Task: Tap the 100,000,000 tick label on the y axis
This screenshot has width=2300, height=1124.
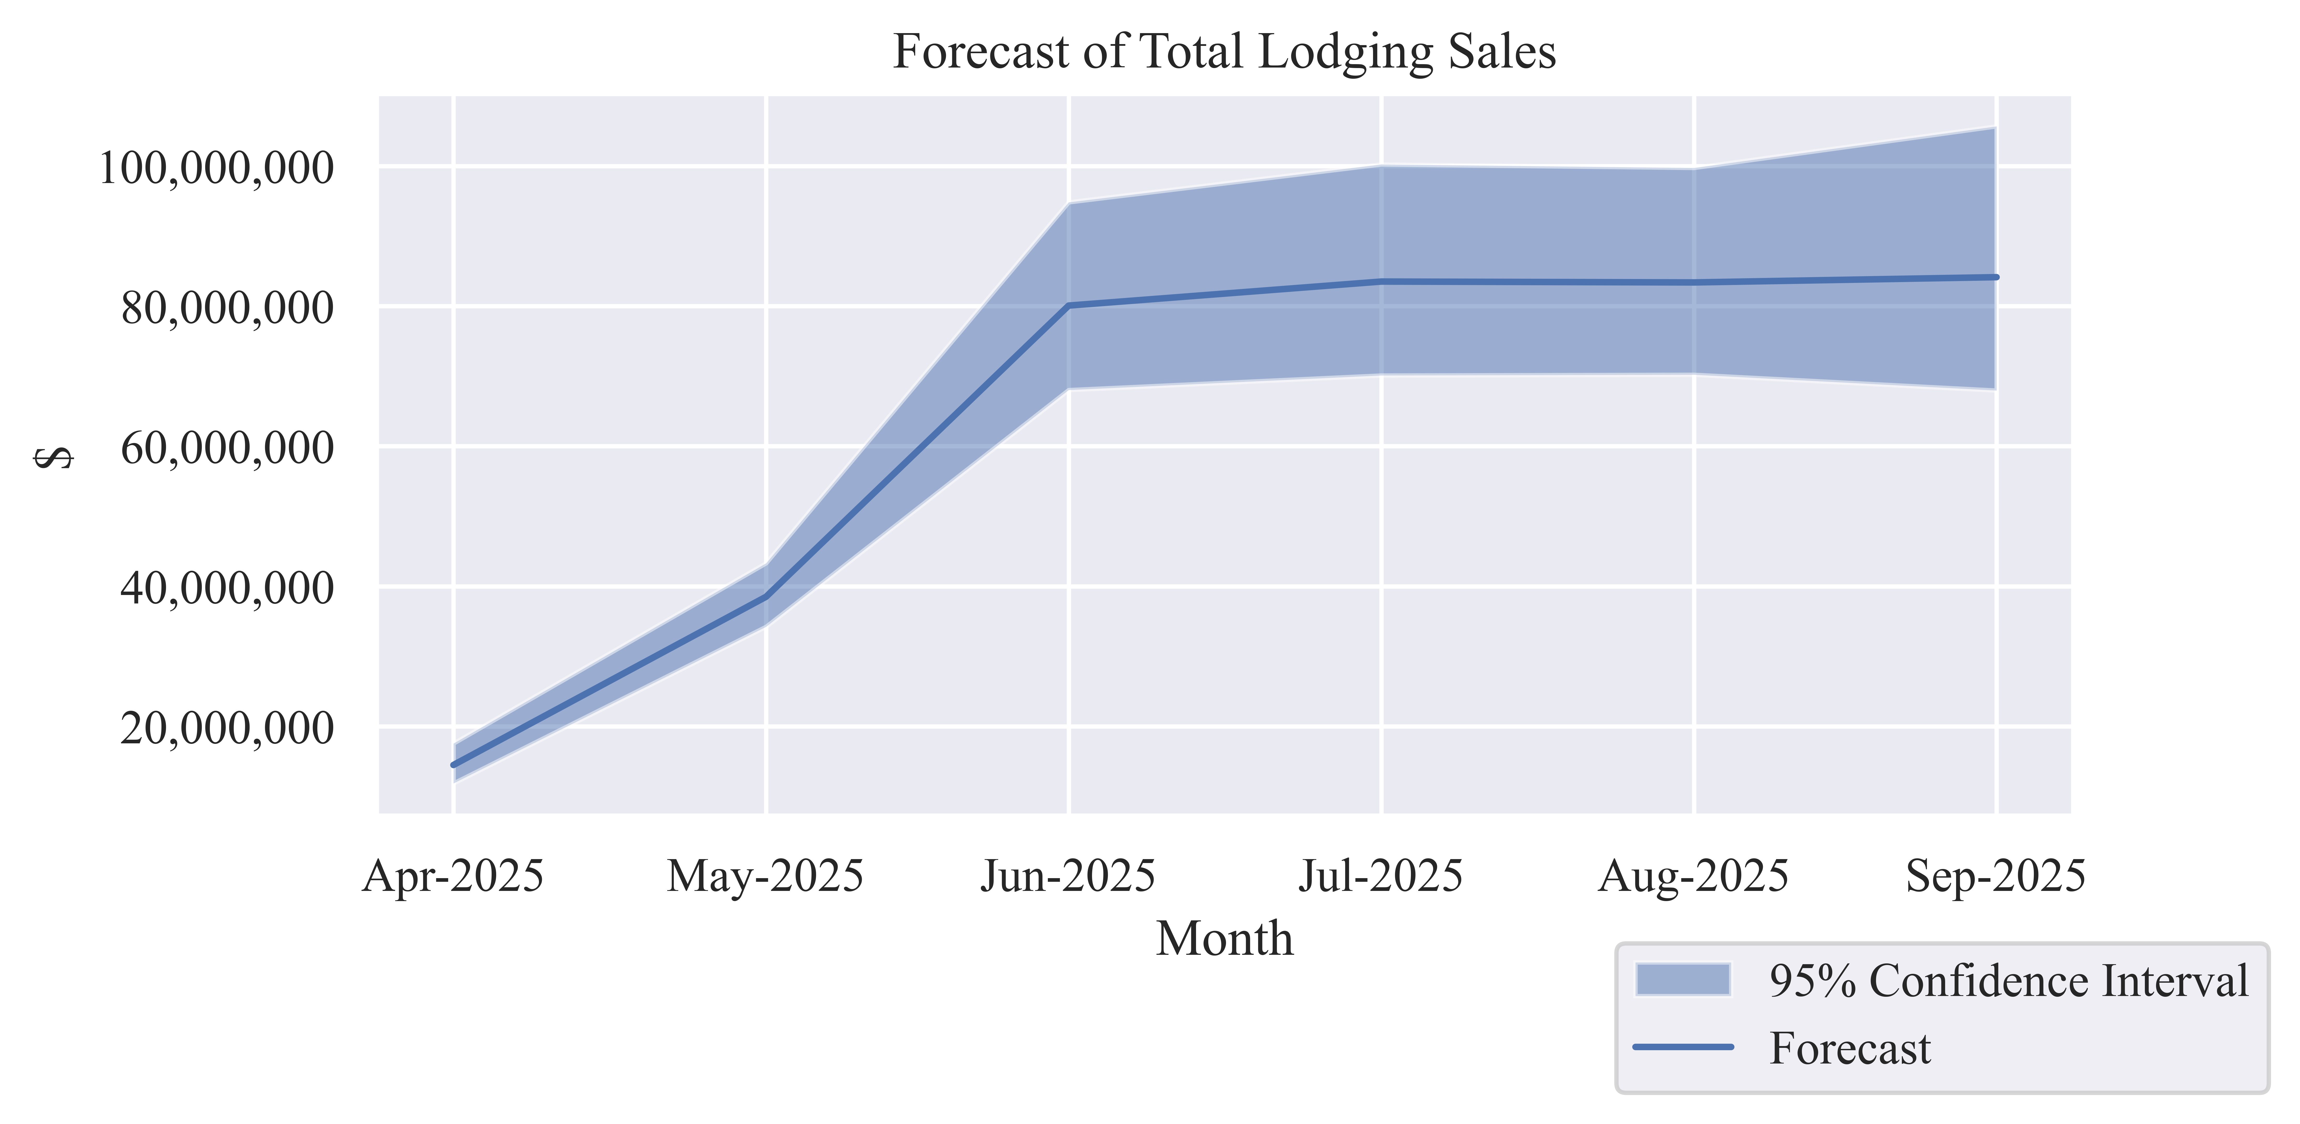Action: point(215,168)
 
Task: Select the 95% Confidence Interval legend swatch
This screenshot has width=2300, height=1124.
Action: point(1683,979)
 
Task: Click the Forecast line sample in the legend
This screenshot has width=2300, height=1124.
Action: point(1683,1047)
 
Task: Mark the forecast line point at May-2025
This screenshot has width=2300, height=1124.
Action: point(765,596)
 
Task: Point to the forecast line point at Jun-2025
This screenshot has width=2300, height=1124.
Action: point(1069,305)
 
